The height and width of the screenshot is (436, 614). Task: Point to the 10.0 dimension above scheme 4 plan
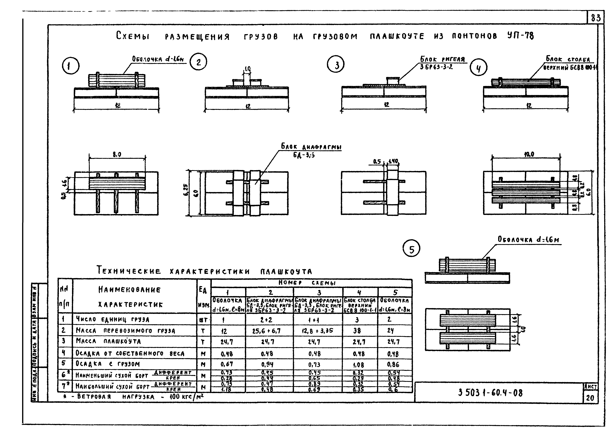pyautogui.click(x=529, y=154)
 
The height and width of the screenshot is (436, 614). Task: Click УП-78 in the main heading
pyautogui.click(x=520, y=36)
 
